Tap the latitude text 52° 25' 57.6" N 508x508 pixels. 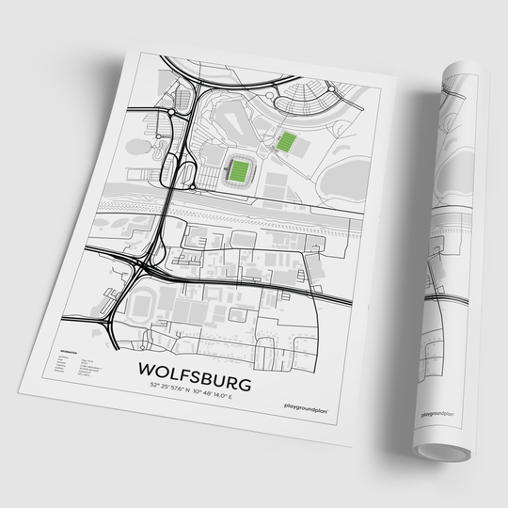coord(169,387)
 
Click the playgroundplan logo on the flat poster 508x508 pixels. coord(304,406)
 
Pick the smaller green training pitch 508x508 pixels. coord(286,143)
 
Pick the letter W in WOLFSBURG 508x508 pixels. coord(146,361)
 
